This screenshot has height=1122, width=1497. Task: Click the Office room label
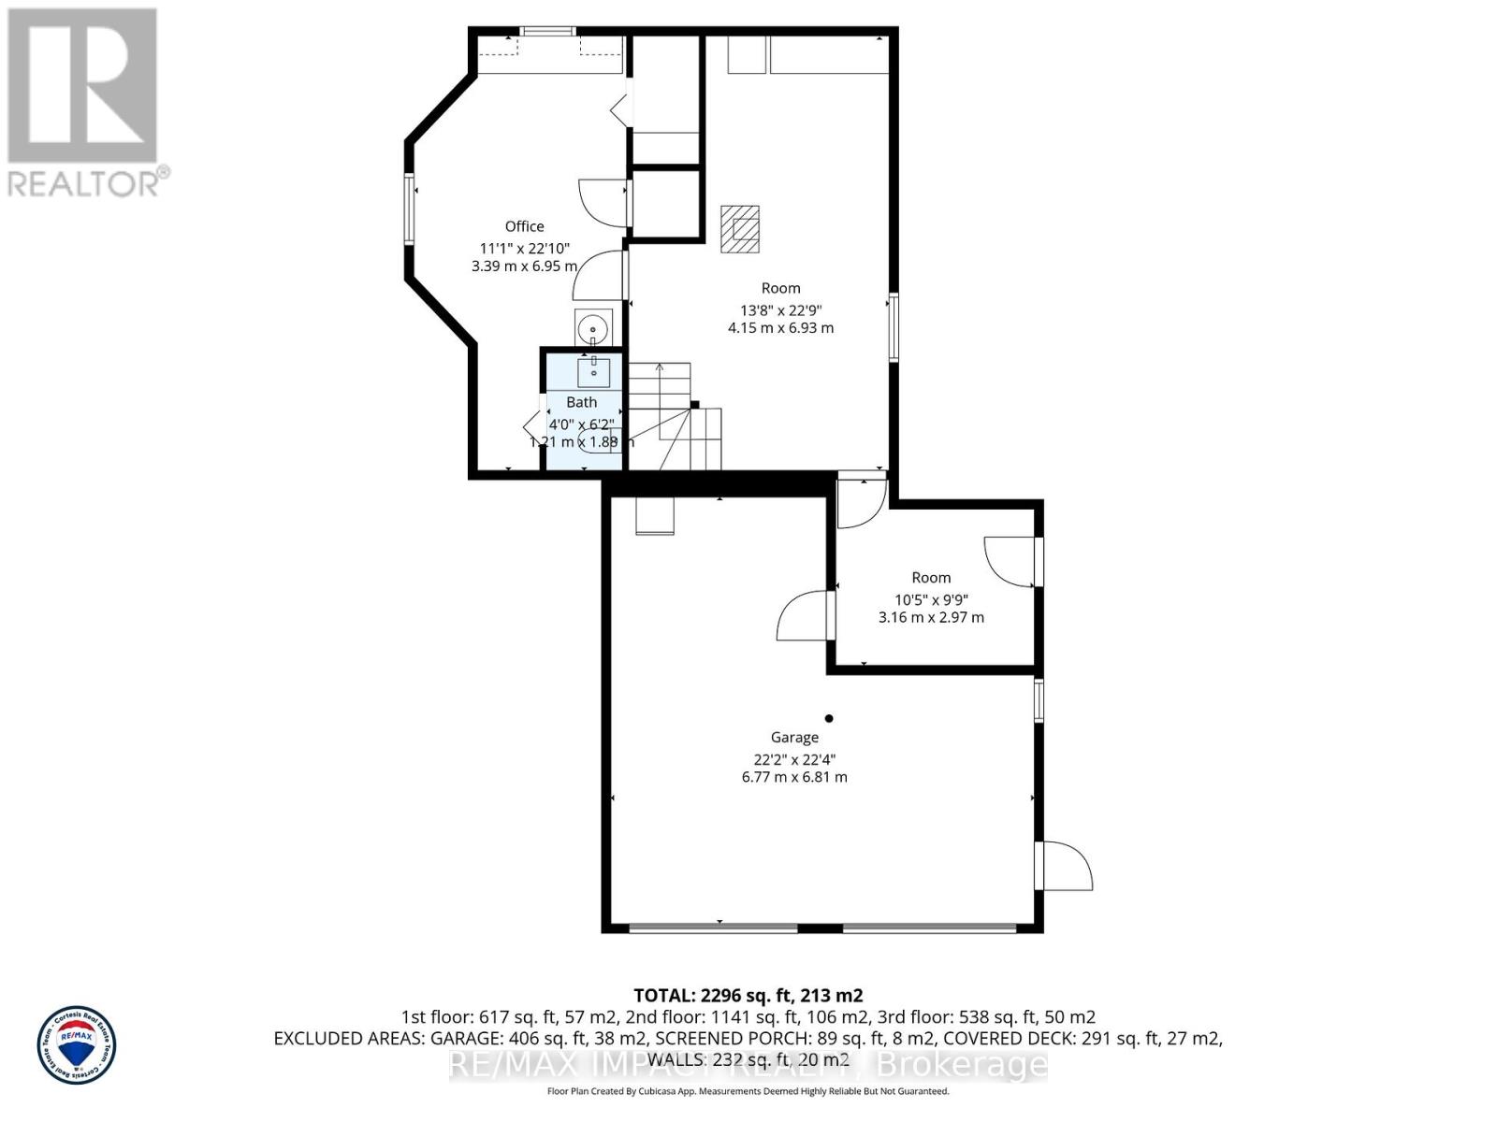[524, 226]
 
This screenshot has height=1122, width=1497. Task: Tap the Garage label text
[794, 738]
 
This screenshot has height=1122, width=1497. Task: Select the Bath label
[581, 402]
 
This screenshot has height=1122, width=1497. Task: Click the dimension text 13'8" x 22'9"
[780, 310]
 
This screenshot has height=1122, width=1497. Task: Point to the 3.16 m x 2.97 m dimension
[931, 617]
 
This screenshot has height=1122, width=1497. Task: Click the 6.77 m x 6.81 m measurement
[794, 777]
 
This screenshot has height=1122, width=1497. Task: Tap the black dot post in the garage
[829, 718]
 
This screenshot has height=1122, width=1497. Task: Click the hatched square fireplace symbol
[740, 229]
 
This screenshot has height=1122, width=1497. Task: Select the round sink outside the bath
[592, 329]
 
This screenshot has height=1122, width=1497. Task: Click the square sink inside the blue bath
[593, 371]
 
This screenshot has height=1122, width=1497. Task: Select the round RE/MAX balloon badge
[77, 1044]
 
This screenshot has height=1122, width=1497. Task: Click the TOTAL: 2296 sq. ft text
[748, 996]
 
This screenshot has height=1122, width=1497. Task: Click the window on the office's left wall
[410, 209]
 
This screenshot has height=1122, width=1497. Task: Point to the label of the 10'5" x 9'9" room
[931, 578]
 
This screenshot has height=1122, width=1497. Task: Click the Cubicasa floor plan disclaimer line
[748, 1091]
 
